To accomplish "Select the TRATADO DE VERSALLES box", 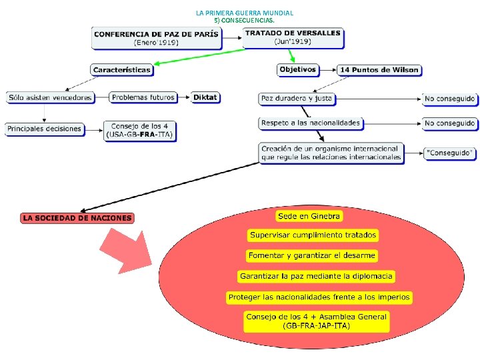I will coord(293,37).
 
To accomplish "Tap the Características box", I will coord(122,69).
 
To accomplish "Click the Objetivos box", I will coord(297,69).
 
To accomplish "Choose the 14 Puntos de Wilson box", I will coord(380,69).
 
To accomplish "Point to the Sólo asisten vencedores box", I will coord(50,97).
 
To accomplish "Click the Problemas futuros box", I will coord(143,97).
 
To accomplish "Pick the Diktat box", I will coord(205,97).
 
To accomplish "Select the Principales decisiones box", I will coord(45,129).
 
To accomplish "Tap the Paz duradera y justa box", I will coord(297,99).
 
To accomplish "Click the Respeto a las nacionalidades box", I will coord(311,123).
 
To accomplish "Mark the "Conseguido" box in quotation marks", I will coord(450,153).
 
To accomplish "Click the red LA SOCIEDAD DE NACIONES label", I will coord(77,217).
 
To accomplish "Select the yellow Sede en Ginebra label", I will coord(309,216).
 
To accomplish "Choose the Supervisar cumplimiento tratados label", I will coord(313,235).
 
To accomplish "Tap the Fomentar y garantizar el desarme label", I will coord(312,255).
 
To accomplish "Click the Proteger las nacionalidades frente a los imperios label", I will coord(319,297).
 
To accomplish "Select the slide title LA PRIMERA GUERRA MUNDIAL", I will coord(245,13).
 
